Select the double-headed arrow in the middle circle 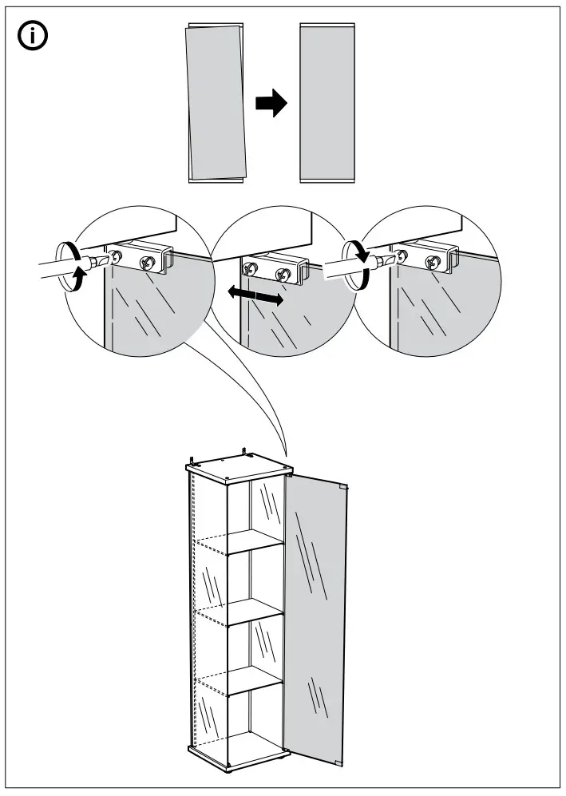253,296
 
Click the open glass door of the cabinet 315,615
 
